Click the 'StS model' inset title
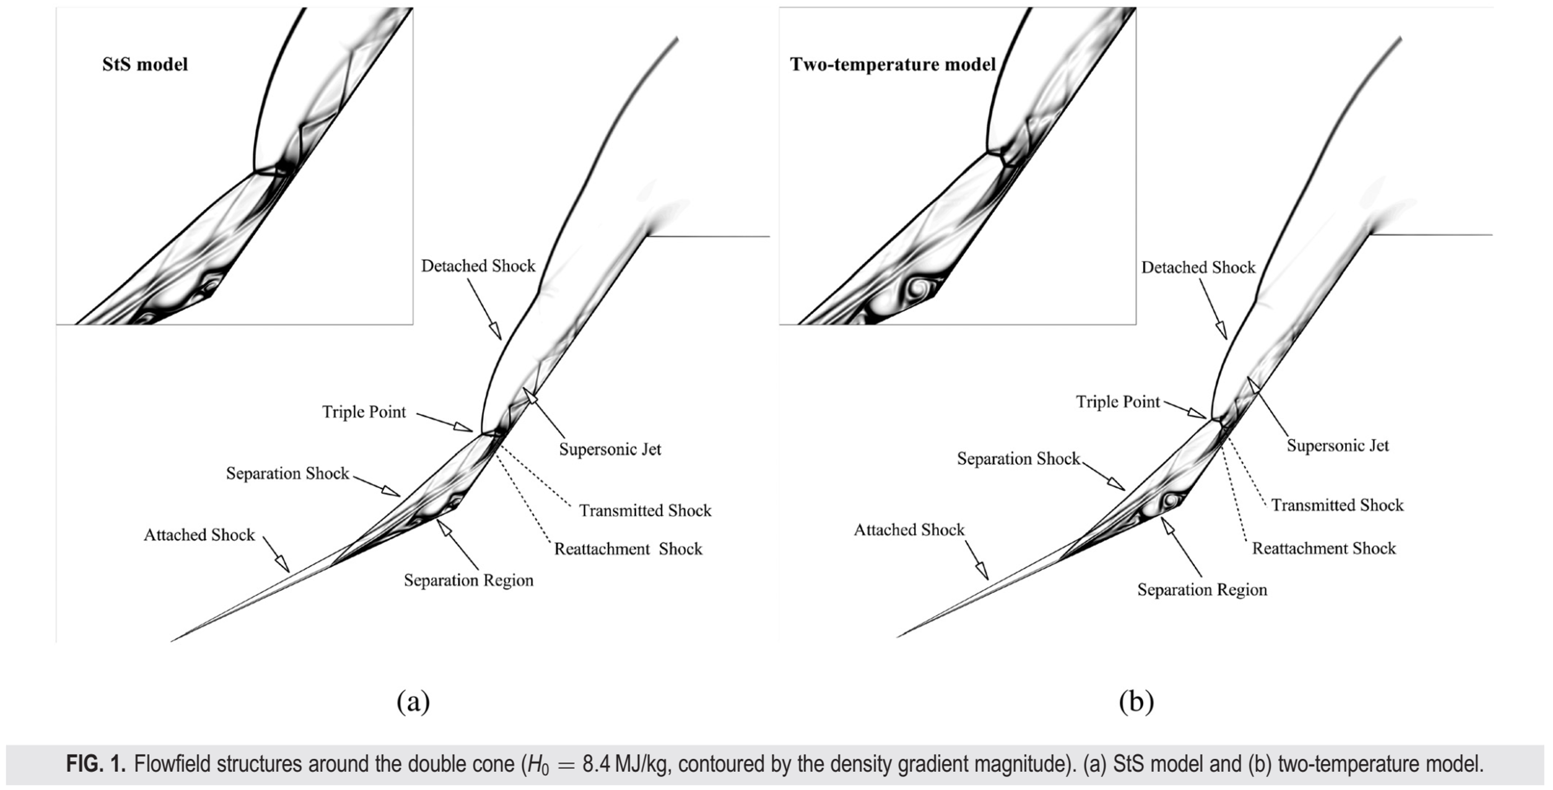pyautogui.click(x=145, y=64)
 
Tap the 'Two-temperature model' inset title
pyautogui.click(x=892, y=64)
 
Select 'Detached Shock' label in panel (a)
pyautogui.click(x=478, y=266)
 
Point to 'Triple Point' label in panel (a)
pyautogui.click(x=363, y=412)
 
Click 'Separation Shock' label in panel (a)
pyautogui.click(x=288, y=473)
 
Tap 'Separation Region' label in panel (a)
pyautogui.click(x=469, y=580)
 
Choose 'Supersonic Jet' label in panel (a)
pyautogui.click(x=610, y=449)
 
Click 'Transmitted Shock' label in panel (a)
pyautogui.click(x=645, y=510)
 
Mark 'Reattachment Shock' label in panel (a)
pyautogui.click(x=628, y=548)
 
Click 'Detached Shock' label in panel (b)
pyautogui.click(x=1198, y=267)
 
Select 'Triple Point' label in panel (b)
pyautogui.click(x=1118, y=401)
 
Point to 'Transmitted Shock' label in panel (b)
pyautogui.click(x=1337, y=504)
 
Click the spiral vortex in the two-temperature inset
pyautogui.click(x=921, y=288)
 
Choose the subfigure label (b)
pyautogui.click(x=1136, y=701)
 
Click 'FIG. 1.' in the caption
pyautogui.click(x=96, y=764)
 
